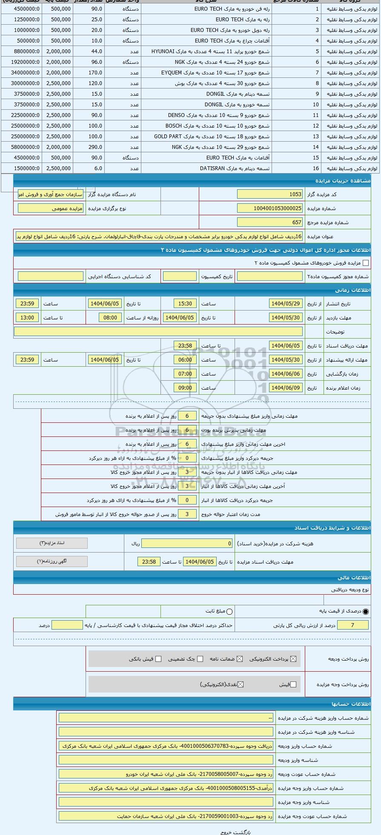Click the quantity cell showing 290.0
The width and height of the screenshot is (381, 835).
(x=89, y=147)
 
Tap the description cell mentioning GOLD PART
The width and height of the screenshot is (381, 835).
(x=212, y=137)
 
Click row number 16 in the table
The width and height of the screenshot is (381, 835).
(x=315, y=168)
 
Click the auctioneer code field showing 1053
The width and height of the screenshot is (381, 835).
(x=270, y=194)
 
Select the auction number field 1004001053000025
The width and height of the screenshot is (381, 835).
(x=270, y=208)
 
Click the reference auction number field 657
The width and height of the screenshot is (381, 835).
(x=270, y=222)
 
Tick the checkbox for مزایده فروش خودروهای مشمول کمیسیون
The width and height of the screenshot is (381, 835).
(x=365, y=263)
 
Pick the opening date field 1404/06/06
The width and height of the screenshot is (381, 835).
(x=286, y=374)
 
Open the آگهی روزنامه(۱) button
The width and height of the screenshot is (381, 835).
(x=52, y=561)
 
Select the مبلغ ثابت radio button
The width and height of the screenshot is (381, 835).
(x=229, y=612)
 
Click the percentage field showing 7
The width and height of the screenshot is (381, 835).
(x=352, y=625)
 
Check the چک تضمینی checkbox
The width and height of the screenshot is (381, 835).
(x=200, y=659)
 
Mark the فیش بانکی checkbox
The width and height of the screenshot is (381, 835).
(x=158, y=659)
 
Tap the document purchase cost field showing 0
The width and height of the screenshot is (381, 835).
(x=187, y=544)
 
